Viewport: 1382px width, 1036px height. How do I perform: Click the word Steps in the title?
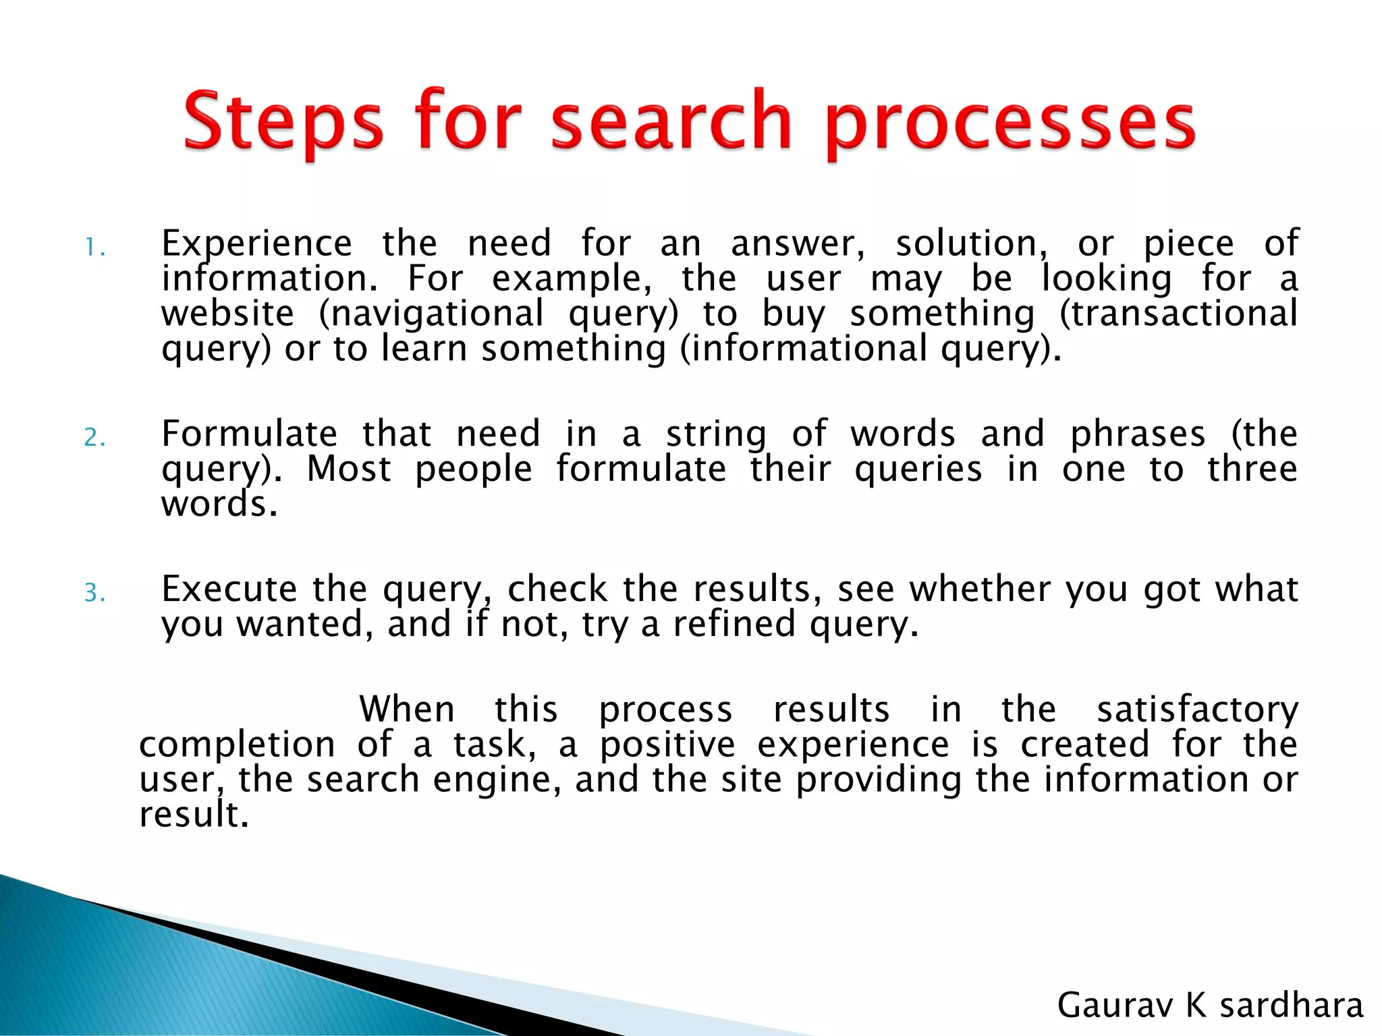[x=283, y=123]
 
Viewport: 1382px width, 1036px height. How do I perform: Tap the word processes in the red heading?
[x=1010, y=125]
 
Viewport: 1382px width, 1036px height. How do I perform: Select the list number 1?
[x=94, y=248]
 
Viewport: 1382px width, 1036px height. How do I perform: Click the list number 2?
[x=94, y=438]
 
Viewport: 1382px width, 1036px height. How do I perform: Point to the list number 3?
[x=94, y=593]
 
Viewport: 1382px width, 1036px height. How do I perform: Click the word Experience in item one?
[x=256, y=244]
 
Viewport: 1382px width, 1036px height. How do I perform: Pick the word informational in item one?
[x=808, y=349]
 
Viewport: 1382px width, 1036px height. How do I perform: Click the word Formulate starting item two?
[x=249, y=434]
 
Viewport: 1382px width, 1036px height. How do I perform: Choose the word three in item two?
[x=1252, y=469]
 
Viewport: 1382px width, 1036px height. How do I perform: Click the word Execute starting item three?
[x=229, y=589]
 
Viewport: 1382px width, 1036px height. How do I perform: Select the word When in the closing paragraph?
[x=407, y=710]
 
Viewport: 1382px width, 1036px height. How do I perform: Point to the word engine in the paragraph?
[x=497, y=781]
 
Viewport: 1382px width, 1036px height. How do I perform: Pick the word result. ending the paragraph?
[x=194, y=815]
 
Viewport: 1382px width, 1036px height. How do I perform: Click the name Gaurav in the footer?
[x=1115, y=1005]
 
